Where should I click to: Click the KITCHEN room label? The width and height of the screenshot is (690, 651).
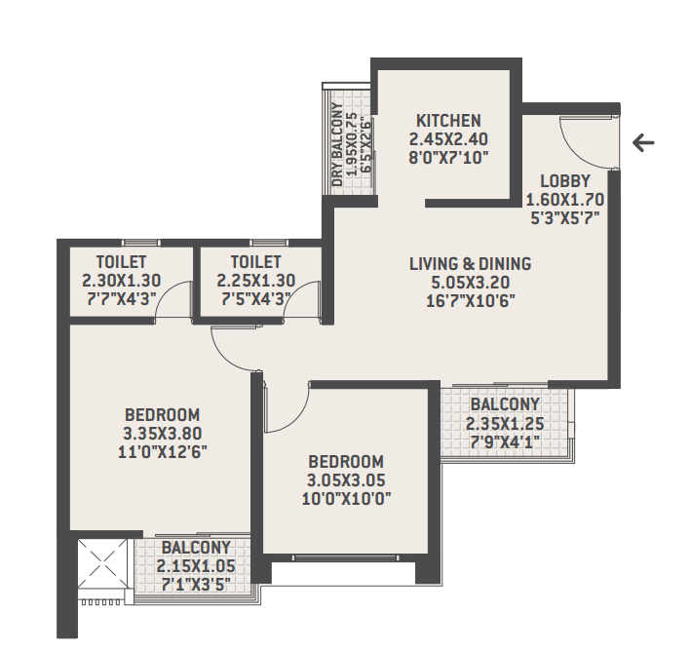tap(448, 121)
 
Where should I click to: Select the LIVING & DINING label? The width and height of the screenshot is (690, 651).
tap(470, 263)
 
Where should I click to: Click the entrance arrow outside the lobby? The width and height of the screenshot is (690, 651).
tap(643, 143)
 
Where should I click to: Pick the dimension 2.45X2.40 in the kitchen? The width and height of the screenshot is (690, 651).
tap(448, 138)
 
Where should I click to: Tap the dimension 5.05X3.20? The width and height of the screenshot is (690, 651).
tap(470, 282)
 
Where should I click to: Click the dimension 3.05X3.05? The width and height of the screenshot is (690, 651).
tap(346, 480)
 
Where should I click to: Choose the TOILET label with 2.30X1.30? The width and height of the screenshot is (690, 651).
tap(122, 262)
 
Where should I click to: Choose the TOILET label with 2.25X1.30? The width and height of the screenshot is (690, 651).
tap(255, 262)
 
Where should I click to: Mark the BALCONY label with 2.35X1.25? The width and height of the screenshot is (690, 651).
tap(504, 404)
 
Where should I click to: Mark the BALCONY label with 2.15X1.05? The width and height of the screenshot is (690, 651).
tap(196, 548)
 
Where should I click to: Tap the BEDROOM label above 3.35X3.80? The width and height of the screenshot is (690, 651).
tap(162, 413)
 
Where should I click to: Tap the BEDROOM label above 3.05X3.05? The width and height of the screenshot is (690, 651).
tap(346, 461)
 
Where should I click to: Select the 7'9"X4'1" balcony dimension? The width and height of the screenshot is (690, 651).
tap(504, 441)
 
